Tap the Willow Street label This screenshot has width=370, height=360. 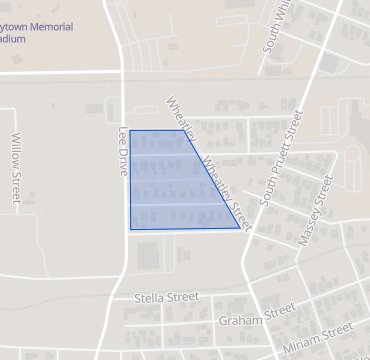[x=15, y=171]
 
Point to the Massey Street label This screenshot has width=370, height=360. [x=316, y=210]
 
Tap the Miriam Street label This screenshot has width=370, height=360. [x=319, y=332]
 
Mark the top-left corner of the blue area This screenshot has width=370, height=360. [x=130, y=130]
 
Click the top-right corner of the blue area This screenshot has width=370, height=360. [x=183, y=130]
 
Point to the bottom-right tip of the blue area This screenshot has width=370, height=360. [x=240, y=228]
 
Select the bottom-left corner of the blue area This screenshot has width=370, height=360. [x=130, y=229]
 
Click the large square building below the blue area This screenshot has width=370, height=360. [x=148, y=256]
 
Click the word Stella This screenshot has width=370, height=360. [x=151, y=298]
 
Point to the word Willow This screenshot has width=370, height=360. [x=15, y=154]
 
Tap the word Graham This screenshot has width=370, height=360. [x=240, y=321]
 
